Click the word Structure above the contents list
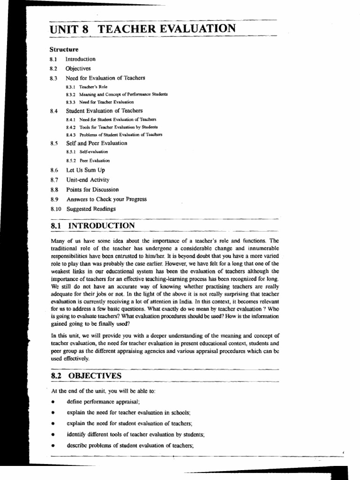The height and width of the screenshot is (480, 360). click(x=64, y=49)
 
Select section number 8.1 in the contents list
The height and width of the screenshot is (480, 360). click(x=52, y=59)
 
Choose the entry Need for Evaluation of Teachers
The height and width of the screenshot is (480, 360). click(x=105, y=78)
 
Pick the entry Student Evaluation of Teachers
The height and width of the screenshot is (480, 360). click(x=104, y=111)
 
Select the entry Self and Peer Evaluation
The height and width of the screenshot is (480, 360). click(x=96, y=143)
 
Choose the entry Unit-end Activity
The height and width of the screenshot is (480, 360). click(x=87, y=180)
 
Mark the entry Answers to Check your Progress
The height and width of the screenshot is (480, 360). click(x=106, y=199)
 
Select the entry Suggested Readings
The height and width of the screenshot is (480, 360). click(x=91, y=209)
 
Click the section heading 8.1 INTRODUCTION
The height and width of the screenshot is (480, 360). click(x=92, y=226)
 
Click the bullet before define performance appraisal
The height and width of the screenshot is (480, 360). click(x=54, y=402)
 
